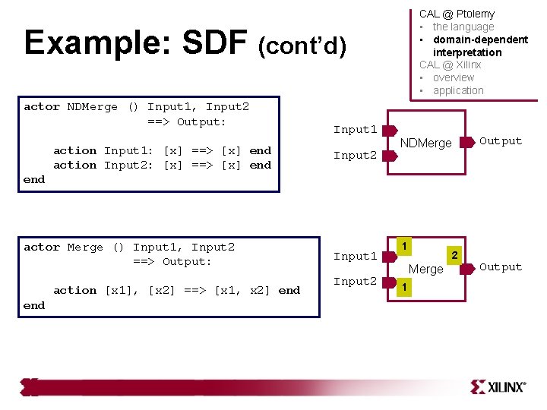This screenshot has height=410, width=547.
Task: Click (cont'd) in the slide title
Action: pos(302,47)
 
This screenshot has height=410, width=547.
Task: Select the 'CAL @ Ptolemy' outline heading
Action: pos(457,14)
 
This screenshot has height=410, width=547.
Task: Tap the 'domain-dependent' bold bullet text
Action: pos(480,39)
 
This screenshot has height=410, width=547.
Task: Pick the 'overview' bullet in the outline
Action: pos(453,77)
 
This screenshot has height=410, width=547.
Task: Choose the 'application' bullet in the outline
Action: pos(458,90)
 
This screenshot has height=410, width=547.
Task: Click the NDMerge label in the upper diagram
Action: pos(425,143)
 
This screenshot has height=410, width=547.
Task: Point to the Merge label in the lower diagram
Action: pos(425,269)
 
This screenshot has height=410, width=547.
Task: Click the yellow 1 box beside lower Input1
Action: pos(406,246)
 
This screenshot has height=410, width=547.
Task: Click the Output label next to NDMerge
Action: pos(501,141)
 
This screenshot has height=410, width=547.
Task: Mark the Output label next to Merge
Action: pos(501,267)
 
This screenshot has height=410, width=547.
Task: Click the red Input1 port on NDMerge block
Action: pos(389,131)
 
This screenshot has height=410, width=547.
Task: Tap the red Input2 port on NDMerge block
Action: pos(389,156)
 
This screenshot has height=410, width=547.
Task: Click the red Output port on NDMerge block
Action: pos(467,140)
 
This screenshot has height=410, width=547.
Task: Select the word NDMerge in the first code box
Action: pos(92,107)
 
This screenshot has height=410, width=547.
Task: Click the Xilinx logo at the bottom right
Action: pos(498,386)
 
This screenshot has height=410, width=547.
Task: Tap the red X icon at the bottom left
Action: pos(30,386)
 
